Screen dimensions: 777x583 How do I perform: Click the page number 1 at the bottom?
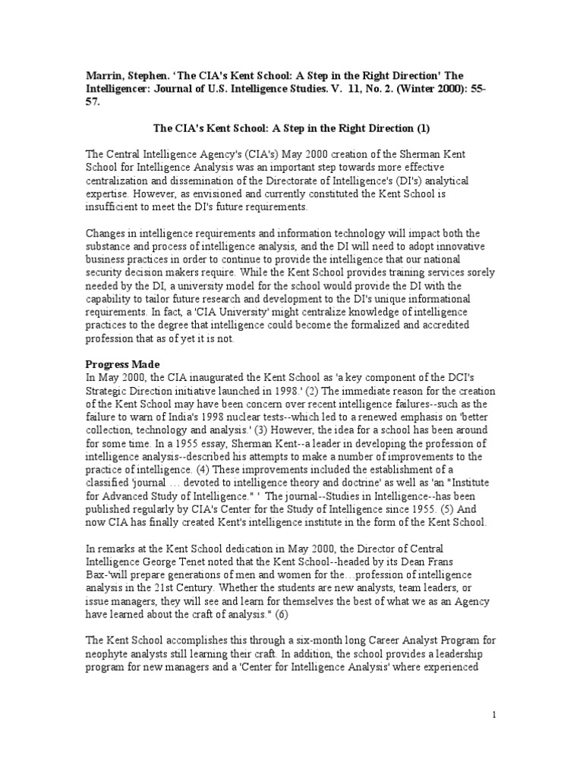click(x=494, y=715)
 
